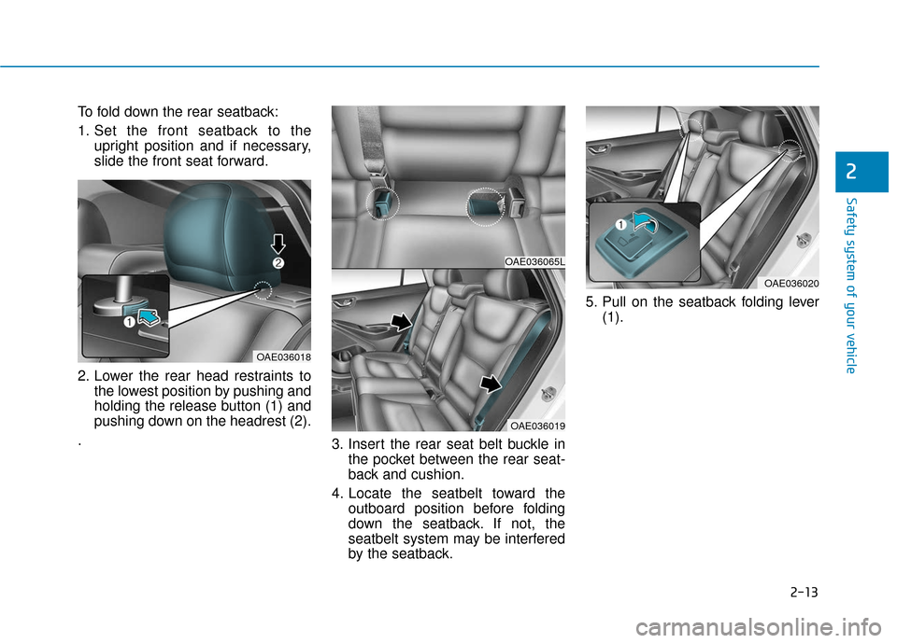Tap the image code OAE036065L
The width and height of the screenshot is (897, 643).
[534, 262]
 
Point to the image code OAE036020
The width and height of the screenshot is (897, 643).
[790, 282]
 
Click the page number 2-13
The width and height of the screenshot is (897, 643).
[802, 591]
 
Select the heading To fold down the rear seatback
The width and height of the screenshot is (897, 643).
[158, 113]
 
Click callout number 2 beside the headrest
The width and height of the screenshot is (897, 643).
[278, 264]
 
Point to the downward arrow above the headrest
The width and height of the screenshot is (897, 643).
[278, 245]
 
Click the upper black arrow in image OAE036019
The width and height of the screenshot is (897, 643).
[399, 323]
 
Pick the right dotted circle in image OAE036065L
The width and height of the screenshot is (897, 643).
[484, 205]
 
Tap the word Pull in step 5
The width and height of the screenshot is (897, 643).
[617, 301]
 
